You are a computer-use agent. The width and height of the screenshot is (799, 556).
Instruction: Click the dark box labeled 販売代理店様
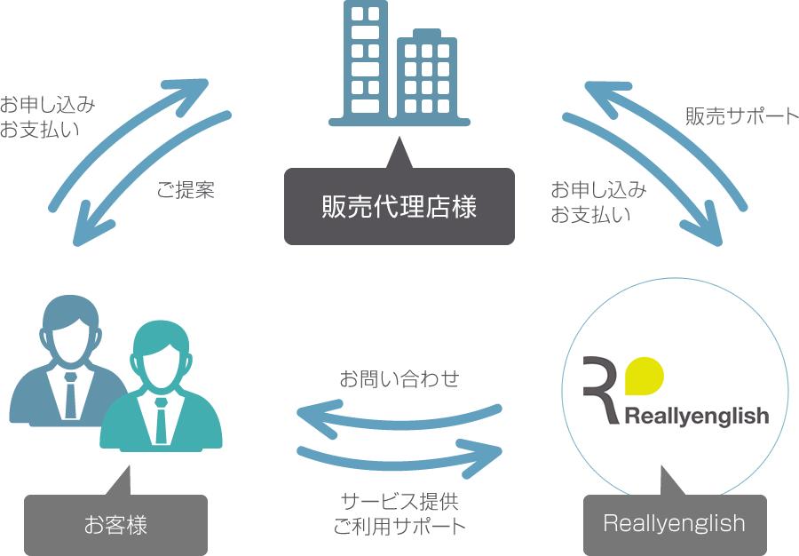click(x=399, y=206)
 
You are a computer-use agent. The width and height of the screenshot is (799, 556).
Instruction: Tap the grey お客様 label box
click(x=115, y=525)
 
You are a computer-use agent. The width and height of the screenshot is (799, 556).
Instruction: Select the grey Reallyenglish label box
click(x=675, y=525)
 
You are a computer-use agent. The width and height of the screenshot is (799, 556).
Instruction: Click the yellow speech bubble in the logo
click(x=645, y=376)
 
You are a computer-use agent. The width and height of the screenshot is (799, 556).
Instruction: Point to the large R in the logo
click(x=600, y=390)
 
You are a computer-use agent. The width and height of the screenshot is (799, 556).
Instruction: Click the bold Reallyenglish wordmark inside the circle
click(x=697, y=417)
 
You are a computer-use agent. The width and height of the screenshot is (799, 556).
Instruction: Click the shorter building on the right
click(x=427, y=74)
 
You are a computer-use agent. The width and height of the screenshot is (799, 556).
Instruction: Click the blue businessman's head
click(x=70, y=329)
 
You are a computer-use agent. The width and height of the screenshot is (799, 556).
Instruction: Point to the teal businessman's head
click(x=161, y=355)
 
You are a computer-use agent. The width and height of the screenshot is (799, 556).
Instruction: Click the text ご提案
click(x=186, y=190)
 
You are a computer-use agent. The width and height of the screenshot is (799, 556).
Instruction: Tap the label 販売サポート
click(x=742, y=116)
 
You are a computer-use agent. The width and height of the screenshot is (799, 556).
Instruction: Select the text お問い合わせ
click(x=399, y=378)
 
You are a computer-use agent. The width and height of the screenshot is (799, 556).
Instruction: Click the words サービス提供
click(x=399, y=502)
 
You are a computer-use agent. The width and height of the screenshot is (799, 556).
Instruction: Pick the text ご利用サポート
click(x=399, y=527)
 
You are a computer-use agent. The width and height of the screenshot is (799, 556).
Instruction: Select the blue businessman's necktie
click(x=70, y=395)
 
